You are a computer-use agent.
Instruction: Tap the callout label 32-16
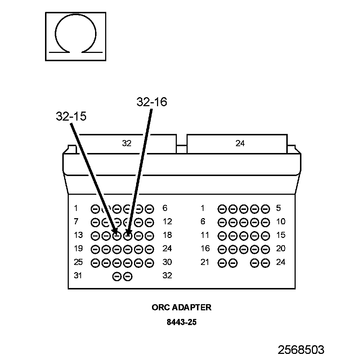coord(152,102)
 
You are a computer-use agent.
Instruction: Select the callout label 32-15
coord(71,116)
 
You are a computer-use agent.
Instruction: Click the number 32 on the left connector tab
coord(127,143)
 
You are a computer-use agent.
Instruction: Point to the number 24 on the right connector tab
coord(240,143)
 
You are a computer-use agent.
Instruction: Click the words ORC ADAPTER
coord(181,307)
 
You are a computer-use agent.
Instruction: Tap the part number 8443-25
coord(181,322)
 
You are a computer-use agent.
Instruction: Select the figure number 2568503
coord(301,350)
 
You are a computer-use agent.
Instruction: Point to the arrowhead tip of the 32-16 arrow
coord(128,234)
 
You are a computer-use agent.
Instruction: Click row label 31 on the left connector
coord(78,276)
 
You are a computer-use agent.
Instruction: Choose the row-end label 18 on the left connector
coord(167,235)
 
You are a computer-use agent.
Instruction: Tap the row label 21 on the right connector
coord(205,262)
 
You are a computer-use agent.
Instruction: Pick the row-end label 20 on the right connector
coord(281,249)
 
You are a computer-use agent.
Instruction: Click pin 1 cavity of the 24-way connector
coord(222,209)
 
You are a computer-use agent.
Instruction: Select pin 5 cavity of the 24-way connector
coord(265,209)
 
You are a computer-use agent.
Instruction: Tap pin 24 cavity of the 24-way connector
coord(265,263)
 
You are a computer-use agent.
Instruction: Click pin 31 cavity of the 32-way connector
coord(117,276)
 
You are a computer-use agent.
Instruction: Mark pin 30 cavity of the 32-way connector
coord(149,263)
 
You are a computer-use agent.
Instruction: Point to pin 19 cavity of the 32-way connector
coord(95,249)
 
